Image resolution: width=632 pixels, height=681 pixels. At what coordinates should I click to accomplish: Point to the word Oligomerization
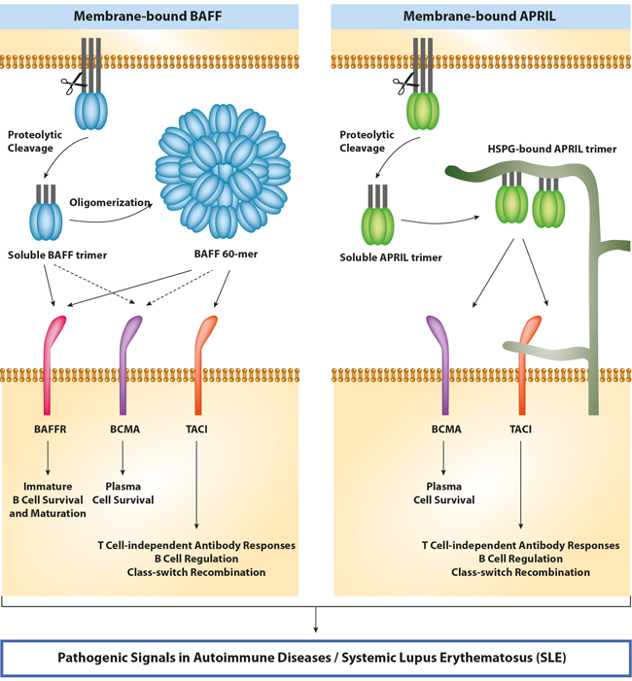(109, 202)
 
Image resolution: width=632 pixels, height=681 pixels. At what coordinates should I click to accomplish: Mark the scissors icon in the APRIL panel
(400, 86)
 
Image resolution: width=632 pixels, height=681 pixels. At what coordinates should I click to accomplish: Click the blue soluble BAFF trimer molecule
(47, 222)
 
